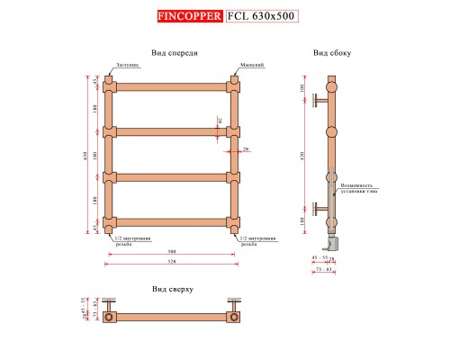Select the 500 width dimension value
tap(170, 252)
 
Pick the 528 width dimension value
tap(170, 262)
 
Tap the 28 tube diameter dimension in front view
tap(247, 148)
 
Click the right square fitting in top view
tap(235, 316)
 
